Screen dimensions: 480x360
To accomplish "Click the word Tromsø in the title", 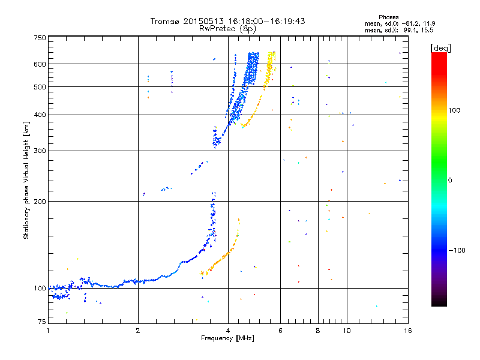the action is point(164,21).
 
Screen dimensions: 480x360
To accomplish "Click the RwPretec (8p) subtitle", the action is point(227,29).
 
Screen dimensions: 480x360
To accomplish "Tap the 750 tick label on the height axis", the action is point(40,38).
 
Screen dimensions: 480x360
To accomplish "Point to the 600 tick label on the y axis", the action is point(40,64).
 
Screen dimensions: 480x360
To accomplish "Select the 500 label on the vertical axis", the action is point(40,87).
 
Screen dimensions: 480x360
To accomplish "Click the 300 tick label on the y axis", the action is point(40,151).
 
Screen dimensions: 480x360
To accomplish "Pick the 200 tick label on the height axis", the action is point(40,202).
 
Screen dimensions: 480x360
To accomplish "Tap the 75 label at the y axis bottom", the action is point(42,322).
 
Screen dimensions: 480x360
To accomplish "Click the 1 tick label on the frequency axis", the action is point(48,331).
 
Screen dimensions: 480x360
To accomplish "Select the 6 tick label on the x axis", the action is point(280,331).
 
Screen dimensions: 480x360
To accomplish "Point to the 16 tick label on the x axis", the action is point(408,331).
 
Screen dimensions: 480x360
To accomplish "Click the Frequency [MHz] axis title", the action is point(227,338).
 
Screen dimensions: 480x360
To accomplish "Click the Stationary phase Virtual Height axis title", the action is point(26,180).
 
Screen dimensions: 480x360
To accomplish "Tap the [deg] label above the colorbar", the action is point(440,48).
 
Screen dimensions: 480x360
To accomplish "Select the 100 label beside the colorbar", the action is point(454,110).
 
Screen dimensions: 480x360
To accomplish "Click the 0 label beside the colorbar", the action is point(450,180).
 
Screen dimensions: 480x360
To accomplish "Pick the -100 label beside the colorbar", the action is point(457,250).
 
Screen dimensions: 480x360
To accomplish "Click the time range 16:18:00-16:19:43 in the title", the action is point(266,21).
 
